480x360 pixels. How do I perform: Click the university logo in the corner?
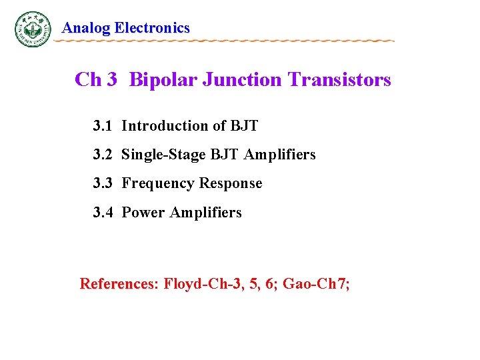pos(33,29)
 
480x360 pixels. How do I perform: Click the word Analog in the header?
pos(86,28)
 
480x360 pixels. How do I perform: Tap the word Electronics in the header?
pos(153,28)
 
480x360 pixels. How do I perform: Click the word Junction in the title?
pos(243,80)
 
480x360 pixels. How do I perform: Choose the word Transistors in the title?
pos(339,80)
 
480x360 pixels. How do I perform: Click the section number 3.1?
pos(103,126)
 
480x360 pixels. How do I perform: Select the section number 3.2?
pos(103,155)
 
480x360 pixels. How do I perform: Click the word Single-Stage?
pos(164,155)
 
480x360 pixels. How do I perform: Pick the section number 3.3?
pos(103,183)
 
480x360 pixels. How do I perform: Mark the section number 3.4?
pos(103,213)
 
